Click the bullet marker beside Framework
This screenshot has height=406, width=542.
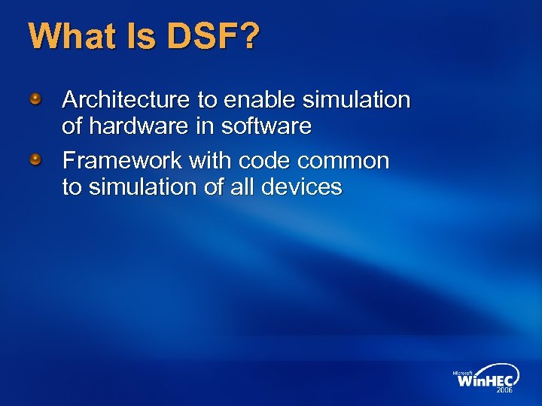[35, 160]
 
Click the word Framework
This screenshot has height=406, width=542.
[121, 161]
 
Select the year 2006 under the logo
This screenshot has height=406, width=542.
[503, 391]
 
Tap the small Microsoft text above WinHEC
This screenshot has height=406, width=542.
[463, 371]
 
